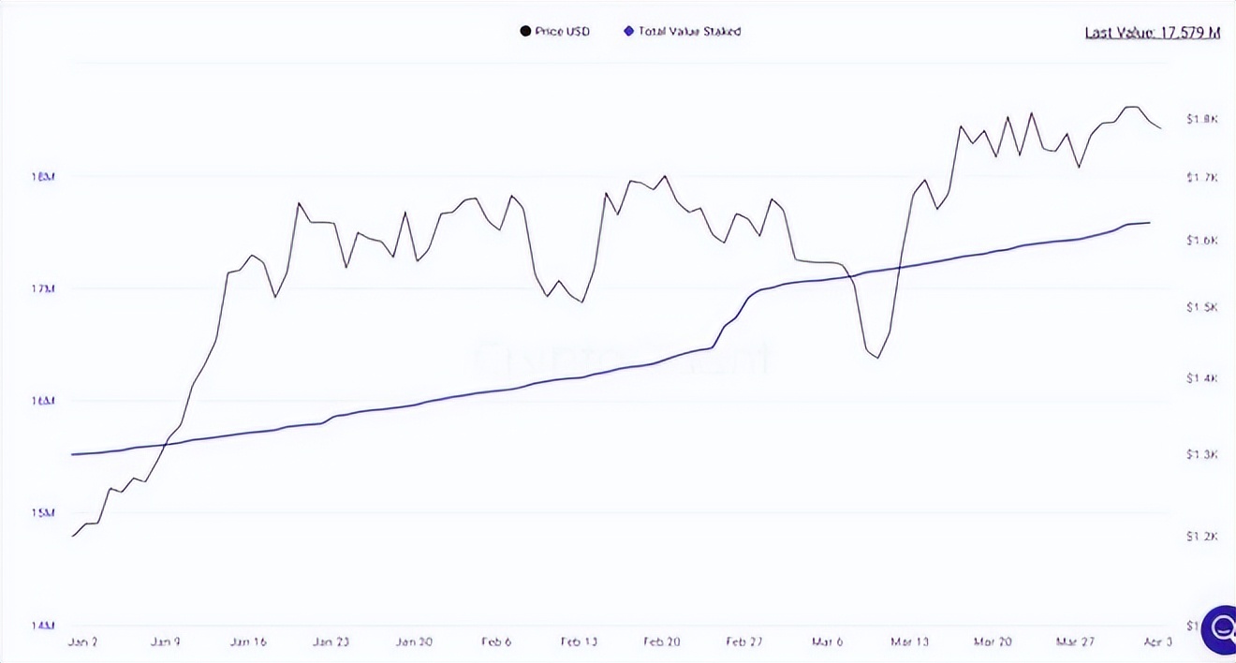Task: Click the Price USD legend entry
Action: tap(555, 32)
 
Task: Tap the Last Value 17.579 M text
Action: tap(1152, 33)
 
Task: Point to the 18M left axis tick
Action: tap(43, 176)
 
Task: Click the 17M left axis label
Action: tap(43, 288)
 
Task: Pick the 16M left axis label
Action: tap(43, 401)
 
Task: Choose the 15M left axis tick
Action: tap(43, 513)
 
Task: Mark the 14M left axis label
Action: tap(43, 625)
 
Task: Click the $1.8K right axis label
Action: tap(1201, 119)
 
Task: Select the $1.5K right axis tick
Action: tap(1201, 308)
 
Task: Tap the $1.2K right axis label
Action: tap(1201, 537)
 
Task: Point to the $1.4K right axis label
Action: tap(1201, 378)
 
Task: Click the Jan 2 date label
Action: tap(83, 642)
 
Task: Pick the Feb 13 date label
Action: tap(579, 642)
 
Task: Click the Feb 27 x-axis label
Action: tap(744, 642)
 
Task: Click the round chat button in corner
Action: tap(1220, 628)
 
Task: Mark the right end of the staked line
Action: tap(1150, 223)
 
